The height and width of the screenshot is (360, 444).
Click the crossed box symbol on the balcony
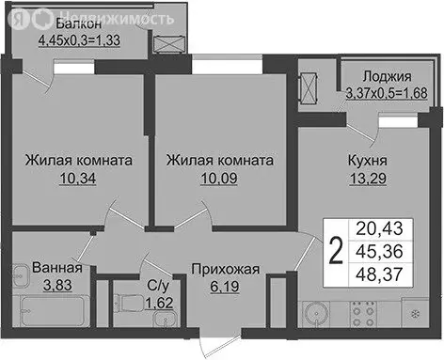pos(168,45)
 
